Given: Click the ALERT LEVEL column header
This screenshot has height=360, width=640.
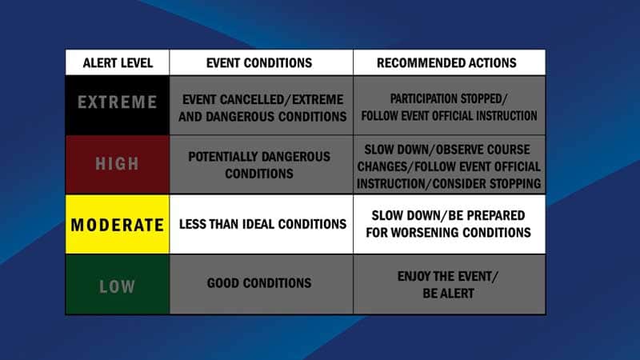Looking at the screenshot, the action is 118,63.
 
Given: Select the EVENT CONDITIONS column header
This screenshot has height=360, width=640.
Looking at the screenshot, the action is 262,63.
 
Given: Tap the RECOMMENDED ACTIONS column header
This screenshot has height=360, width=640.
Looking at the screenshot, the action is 449,63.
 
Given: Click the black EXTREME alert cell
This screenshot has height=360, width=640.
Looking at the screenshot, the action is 118,106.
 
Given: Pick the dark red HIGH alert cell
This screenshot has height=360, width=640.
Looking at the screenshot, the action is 118,165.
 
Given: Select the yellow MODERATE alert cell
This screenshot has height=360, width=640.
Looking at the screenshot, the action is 118,224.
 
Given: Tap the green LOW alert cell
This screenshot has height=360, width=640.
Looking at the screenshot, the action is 118,285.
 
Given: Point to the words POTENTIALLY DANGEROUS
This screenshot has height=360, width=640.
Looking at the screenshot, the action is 259,157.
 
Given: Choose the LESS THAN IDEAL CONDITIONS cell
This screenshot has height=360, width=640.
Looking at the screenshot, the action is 262,224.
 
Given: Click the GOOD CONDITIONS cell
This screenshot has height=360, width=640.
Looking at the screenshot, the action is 262,285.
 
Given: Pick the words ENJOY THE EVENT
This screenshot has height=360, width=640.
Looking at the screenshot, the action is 446,276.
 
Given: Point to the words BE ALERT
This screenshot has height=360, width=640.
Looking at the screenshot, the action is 448,294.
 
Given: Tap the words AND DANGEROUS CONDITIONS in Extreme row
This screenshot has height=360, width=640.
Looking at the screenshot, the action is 262,117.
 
